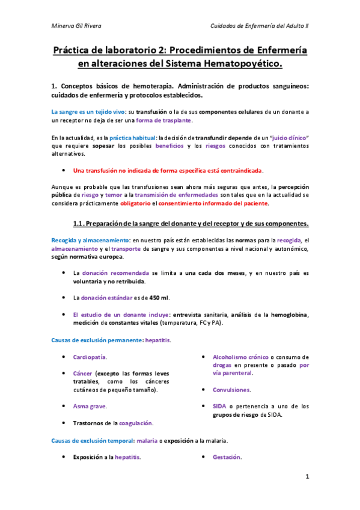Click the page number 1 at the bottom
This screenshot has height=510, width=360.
tap(307, 477)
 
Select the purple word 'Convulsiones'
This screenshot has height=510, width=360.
tap(231, 390)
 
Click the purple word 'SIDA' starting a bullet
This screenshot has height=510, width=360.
tap(220, 406)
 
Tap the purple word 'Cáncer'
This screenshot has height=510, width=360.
tap(83, 373)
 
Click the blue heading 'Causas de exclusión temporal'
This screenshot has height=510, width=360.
tap(93, 441)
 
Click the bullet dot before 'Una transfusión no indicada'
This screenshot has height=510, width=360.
tap(64, 170)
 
